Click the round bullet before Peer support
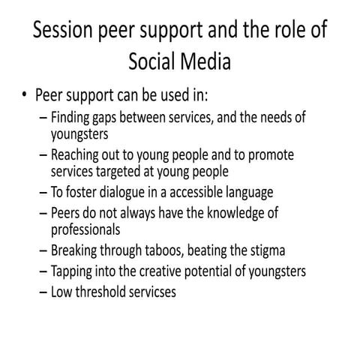point(27,96)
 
